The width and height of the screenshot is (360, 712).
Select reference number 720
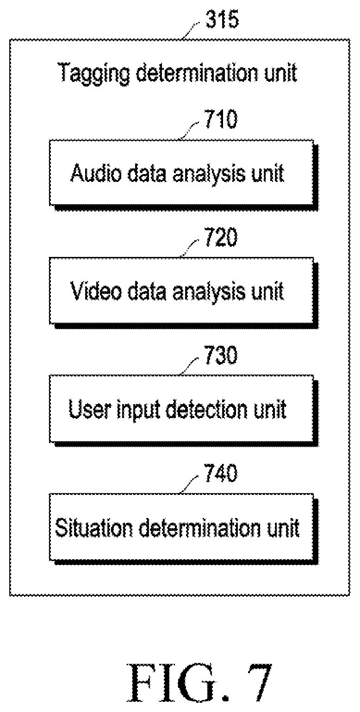click(221, 237)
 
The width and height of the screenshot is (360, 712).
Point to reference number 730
click(221, 356)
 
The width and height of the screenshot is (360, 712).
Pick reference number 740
click(221, 473)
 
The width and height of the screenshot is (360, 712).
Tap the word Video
click(96, 291)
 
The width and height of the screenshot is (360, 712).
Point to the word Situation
click(93, 528)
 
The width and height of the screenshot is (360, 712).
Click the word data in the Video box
click(147, 291)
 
